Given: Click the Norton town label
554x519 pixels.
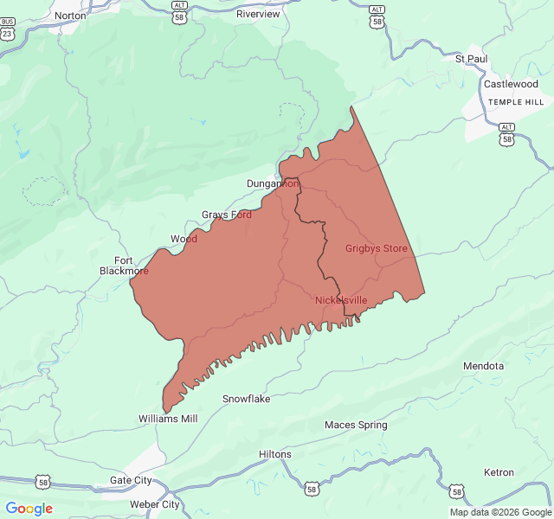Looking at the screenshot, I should [70, 16].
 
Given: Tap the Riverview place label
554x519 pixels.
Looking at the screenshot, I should [258, 14].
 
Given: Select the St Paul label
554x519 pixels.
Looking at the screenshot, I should [471, 59].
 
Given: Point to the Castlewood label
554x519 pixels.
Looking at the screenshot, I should [511, 84].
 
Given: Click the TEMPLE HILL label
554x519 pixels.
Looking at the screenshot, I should [516, 102].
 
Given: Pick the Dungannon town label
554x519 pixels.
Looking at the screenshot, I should [273, 183].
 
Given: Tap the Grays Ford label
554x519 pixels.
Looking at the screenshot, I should [227, 215].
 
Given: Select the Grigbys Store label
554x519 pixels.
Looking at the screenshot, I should [377, 248].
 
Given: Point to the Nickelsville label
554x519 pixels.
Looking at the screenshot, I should [341, 300].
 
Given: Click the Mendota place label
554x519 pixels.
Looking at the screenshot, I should [484, 366].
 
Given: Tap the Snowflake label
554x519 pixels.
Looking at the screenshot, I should [247, 399].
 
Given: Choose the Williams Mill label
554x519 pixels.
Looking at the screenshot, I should [168, 419].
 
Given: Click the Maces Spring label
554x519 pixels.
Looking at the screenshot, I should [356, 425].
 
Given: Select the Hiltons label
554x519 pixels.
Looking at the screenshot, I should [275, 454].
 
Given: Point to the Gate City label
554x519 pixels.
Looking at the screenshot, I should [131, 480].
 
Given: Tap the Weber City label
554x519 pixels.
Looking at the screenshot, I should [154, 504].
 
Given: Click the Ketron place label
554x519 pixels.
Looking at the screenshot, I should [499, 472].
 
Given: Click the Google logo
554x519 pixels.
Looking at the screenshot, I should [29, 509].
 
